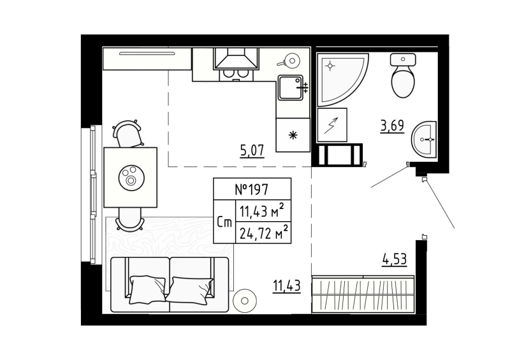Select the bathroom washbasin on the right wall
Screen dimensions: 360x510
pyautogui.click(x=423, y=138)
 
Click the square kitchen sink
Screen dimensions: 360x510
pyautogui.click(x=290, y=87)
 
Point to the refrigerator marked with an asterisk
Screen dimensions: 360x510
pyautogui.click(x=293, y=135)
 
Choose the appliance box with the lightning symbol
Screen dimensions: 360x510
pyautogui.click(x=331, y=125)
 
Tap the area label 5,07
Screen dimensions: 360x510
pyautogui.click(x=252, y=151)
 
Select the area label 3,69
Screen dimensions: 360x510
pyautogui.click(x=392, y=126)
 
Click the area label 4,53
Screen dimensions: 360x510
pyautogui.click(x=393, y=260)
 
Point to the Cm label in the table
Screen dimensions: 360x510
pyautogui.click(x=224, y=222)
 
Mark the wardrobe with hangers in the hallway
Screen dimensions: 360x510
pyautogui.click(x=363, y=294)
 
